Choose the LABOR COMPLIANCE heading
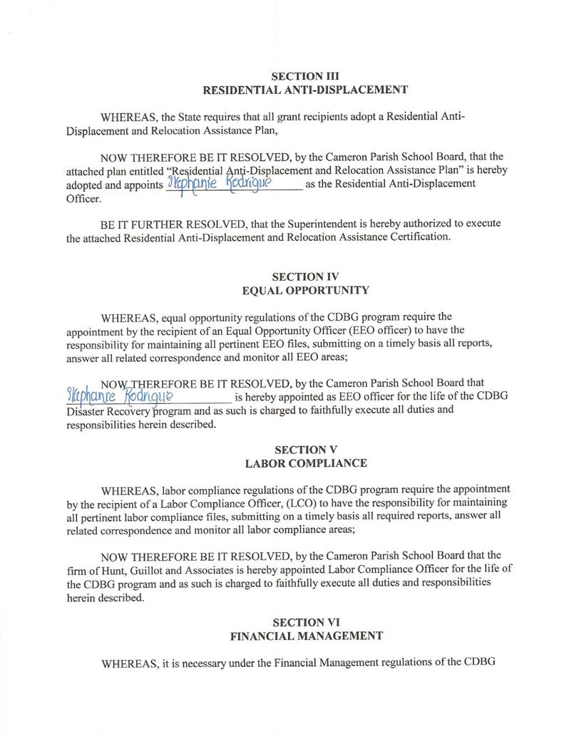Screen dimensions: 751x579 point(305,463)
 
